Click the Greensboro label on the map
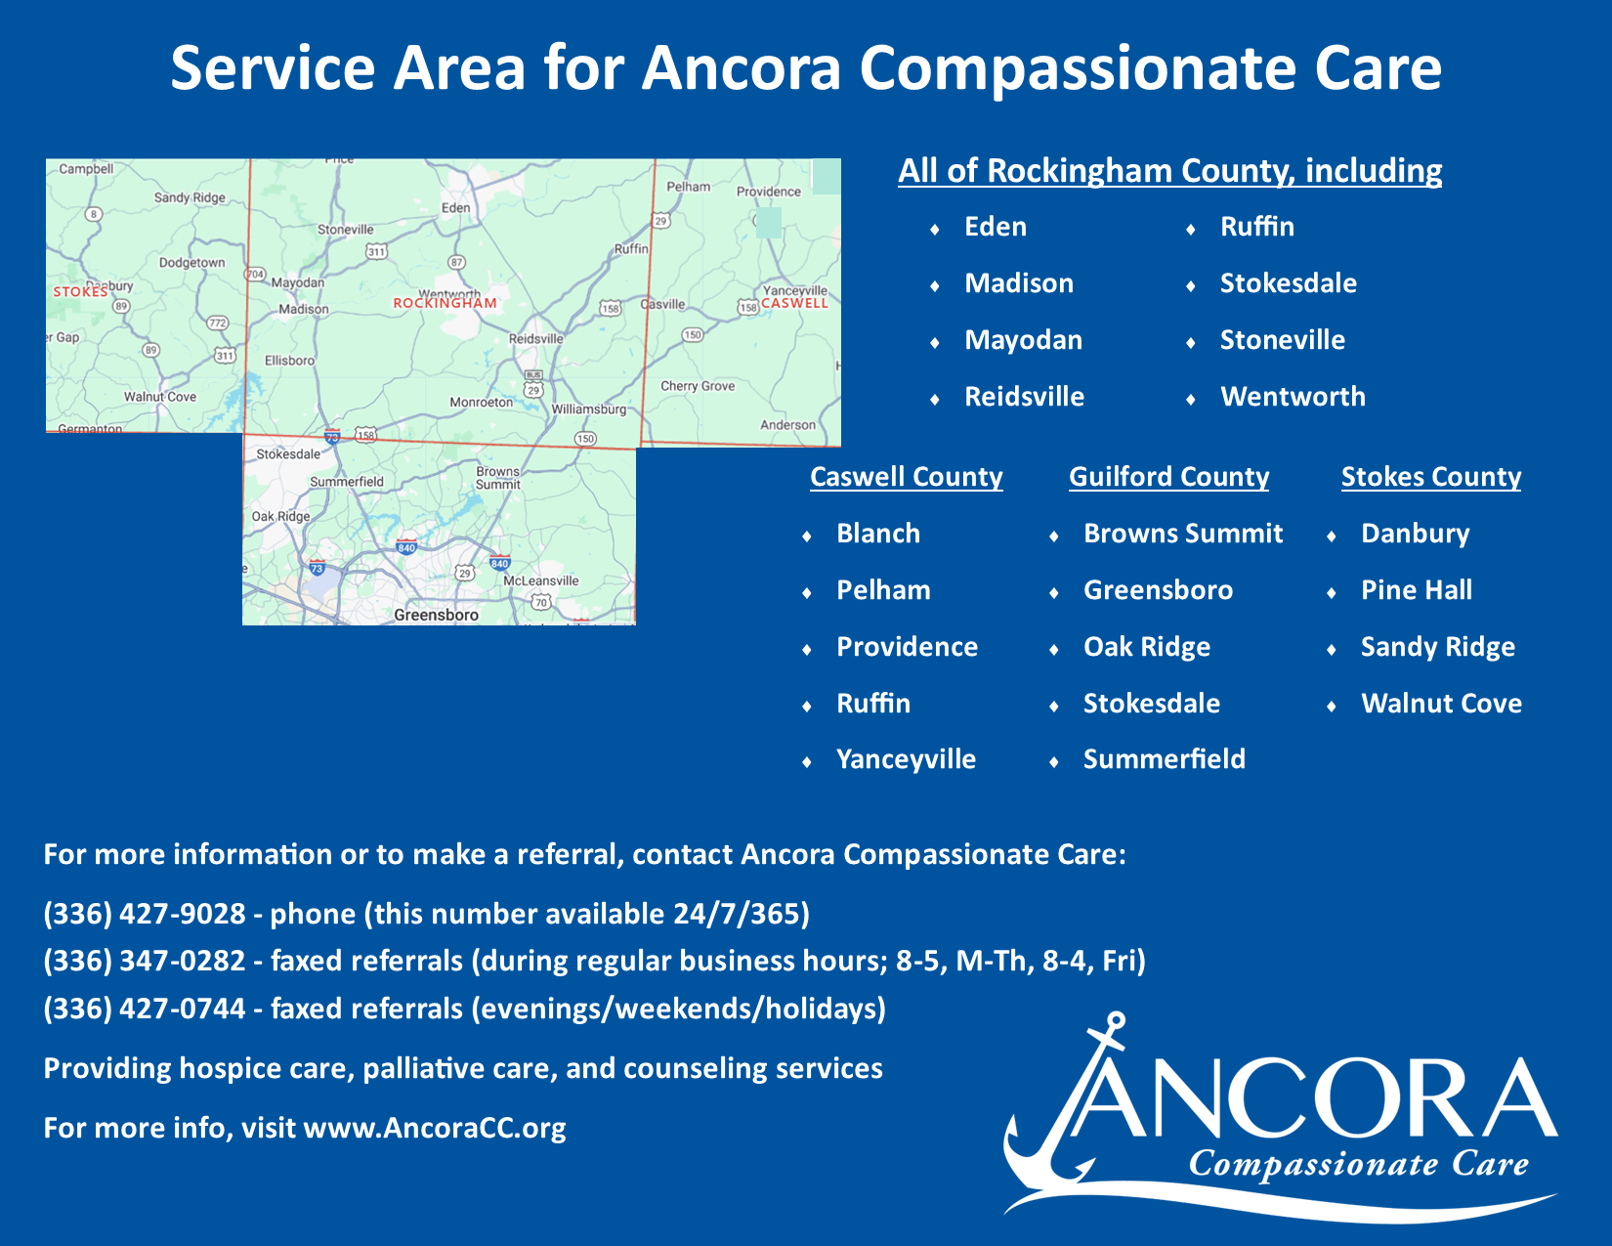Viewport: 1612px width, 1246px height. pos(436,615)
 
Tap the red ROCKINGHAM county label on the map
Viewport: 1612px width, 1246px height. pos(445,303)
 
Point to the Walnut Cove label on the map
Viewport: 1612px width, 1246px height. pos(160,397)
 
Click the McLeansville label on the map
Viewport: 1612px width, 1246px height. pos(541,580)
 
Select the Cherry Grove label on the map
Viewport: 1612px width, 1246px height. pos(698,386)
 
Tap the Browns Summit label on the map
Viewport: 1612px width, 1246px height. pos(498,477)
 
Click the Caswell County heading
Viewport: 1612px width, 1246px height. pos(906,477)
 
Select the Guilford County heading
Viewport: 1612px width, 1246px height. pos(1168,477)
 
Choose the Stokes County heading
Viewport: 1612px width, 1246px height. pos(1431,477)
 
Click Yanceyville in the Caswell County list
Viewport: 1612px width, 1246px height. pos(906,759)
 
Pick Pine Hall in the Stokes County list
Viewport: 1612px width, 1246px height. pos(1417,590)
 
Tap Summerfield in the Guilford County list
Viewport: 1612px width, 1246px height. pos(1164,759)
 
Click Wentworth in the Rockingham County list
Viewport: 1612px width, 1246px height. pos(1293,397)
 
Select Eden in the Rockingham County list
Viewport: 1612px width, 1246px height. pos(996,227)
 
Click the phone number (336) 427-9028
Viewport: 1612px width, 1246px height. pos(145,914)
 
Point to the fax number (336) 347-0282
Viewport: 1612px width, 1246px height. pos(145,961)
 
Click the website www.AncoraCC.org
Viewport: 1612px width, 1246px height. pos(435,1128)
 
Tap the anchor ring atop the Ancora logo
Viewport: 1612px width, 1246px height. pos(1116,1021)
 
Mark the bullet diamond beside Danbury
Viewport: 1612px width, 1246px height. pos(1332,536)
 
